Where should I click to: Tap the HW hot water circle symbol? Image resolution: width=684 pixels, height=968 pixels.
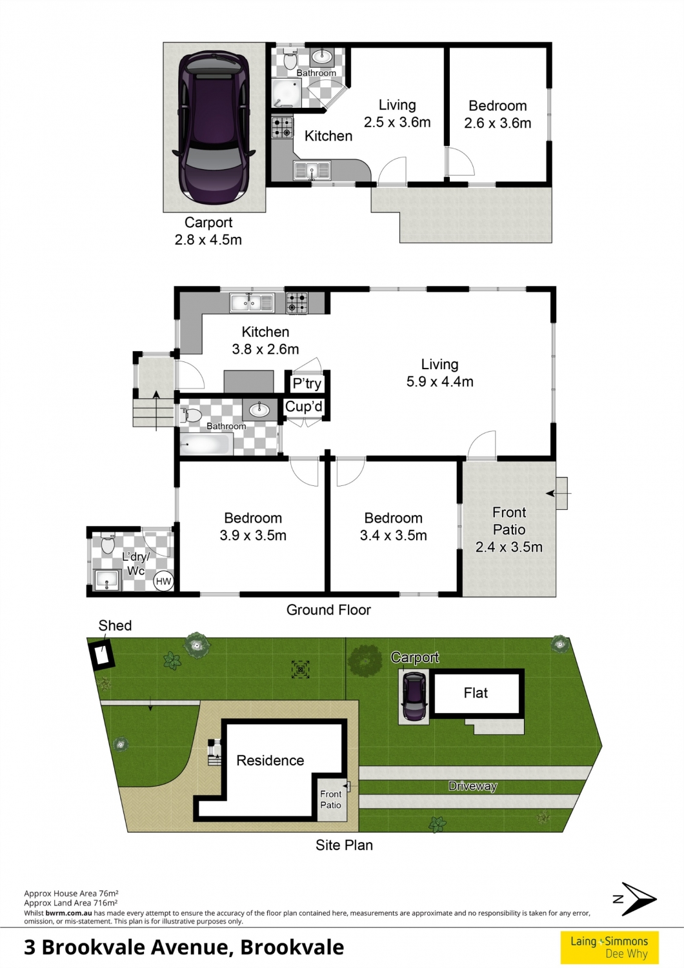[x=163, y=581]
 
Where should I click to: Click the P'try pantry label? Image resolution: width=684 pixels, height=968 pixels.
[x=307, y=383]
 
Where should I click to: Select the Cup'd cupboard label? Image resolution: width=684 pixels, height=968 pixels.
[x=304, y=407]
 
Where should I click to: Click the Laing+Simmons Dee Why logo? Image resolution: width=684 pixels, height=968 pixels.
[x=609, y=947]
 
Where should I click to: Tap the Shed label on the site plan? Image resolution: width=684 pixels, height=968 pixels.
[x=115, y=625]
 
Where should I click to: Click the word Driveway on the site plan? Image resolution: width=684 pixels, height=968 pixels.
[x=473, y=786]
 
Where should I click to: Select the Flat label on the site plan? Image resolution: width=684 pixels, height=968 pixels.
[x=476, y=692]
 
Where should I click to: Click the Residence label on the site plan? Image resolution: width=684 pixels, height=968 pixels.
[x=270, y=760]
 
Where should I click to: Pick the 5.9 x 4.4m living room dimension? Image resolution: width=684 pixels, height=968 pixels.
[x=440, y=381]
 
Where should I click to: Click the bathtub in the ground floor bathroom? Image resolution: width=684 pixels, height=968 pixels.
[x=206, y=444]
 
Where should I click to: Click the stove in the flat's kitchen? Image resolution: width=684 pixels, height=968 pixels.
[x=282, y=128]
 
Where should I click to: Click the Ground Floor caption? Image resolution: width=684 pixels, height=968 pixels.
[x=328, y=610]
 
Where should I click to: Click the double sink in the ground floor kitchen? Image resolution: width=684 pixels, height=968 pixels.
[x=252, y=303]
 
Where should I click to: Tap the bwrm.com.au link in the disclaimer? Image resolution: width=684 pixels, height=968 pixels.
[x=68, y=913]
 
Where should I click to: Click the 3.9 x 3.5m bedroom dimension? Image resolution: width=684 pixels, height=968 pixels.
[x=253, y=536]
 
